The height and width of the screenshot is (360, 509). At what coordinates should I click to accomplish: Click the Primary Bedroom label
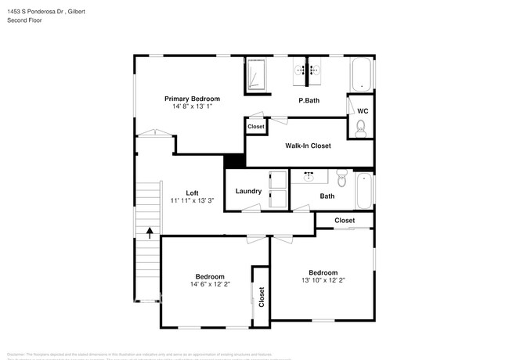coord(192,99)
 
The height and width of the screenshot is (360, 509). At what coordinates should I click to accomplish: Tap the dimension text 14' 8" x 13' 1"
coord(192,107)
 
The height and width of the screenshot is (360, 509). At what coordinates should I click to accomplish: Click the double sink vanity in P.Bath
coord(308,70)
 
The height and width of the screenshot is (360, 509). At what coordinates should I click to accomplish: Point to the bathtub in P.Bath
coord(361,74)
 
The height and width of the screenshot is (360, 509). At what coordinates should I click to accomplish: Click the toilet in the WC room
coord(361,130)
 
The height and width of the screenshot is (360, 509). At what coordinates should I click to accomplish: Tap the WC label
coord(362,111)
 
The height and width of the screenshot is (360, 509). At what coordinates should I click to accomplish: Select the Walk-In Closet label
coord(308,146)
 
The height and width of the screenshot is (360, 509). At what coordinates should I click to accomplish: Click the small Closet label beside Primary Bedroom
coord(256,127)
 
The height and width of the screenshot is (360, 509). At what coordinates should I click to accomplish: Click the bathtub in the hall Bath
coord(364,191)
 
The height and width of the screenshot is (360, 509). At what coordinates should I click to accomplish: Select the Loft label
coord(192,193)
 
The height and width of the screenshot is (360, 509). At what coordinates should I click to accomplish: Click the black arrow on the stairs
coord(150,232)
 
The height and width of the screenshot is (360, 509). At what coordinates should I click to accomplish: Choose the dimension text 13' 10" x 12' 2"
coord(323,280)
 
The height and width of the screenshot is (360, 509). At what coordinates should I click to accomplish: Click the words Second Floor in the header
coord(24,20)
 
